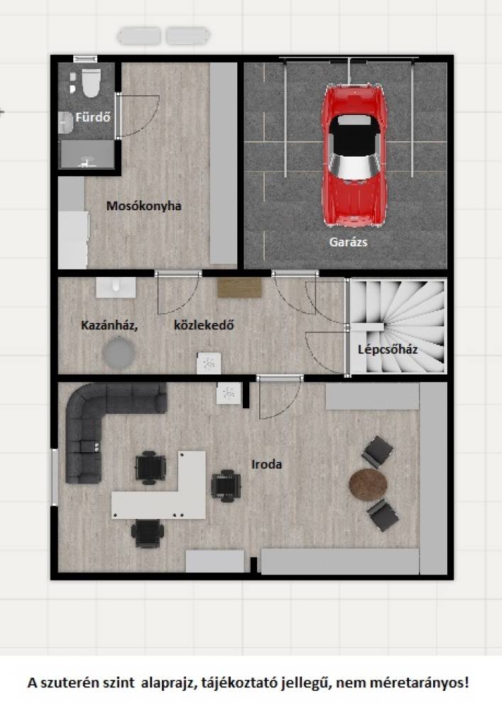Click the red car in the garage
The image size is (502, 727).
coord(354,155)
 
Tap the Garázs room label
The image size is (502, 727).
coord(348,241)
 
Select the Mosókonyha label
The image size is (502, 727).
coord(143,206)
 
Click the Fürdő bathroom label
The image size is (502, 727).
coord(93,117)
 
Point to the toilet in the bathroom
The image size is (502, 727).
coord(91,82)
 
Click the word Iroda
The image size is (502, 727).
coord(266,464)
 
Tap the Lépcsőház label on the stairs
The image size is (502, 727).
coord(388,349)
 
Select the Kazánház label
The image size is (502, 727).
coord(109,325)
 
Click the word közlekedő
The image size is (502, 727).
coord(204,325)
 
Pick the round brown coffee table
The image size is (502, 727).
coord(368,484)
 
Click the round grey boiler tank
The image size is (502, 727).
coord(119,354)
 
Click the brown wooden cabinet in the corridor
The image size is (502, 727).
coord(240,288)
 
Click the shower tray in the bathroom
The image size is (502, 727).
coord(87,154)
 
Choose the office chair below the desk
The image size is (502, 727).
coord(148,534)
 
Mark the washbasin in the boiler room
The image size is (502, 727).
coord(116,288)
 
